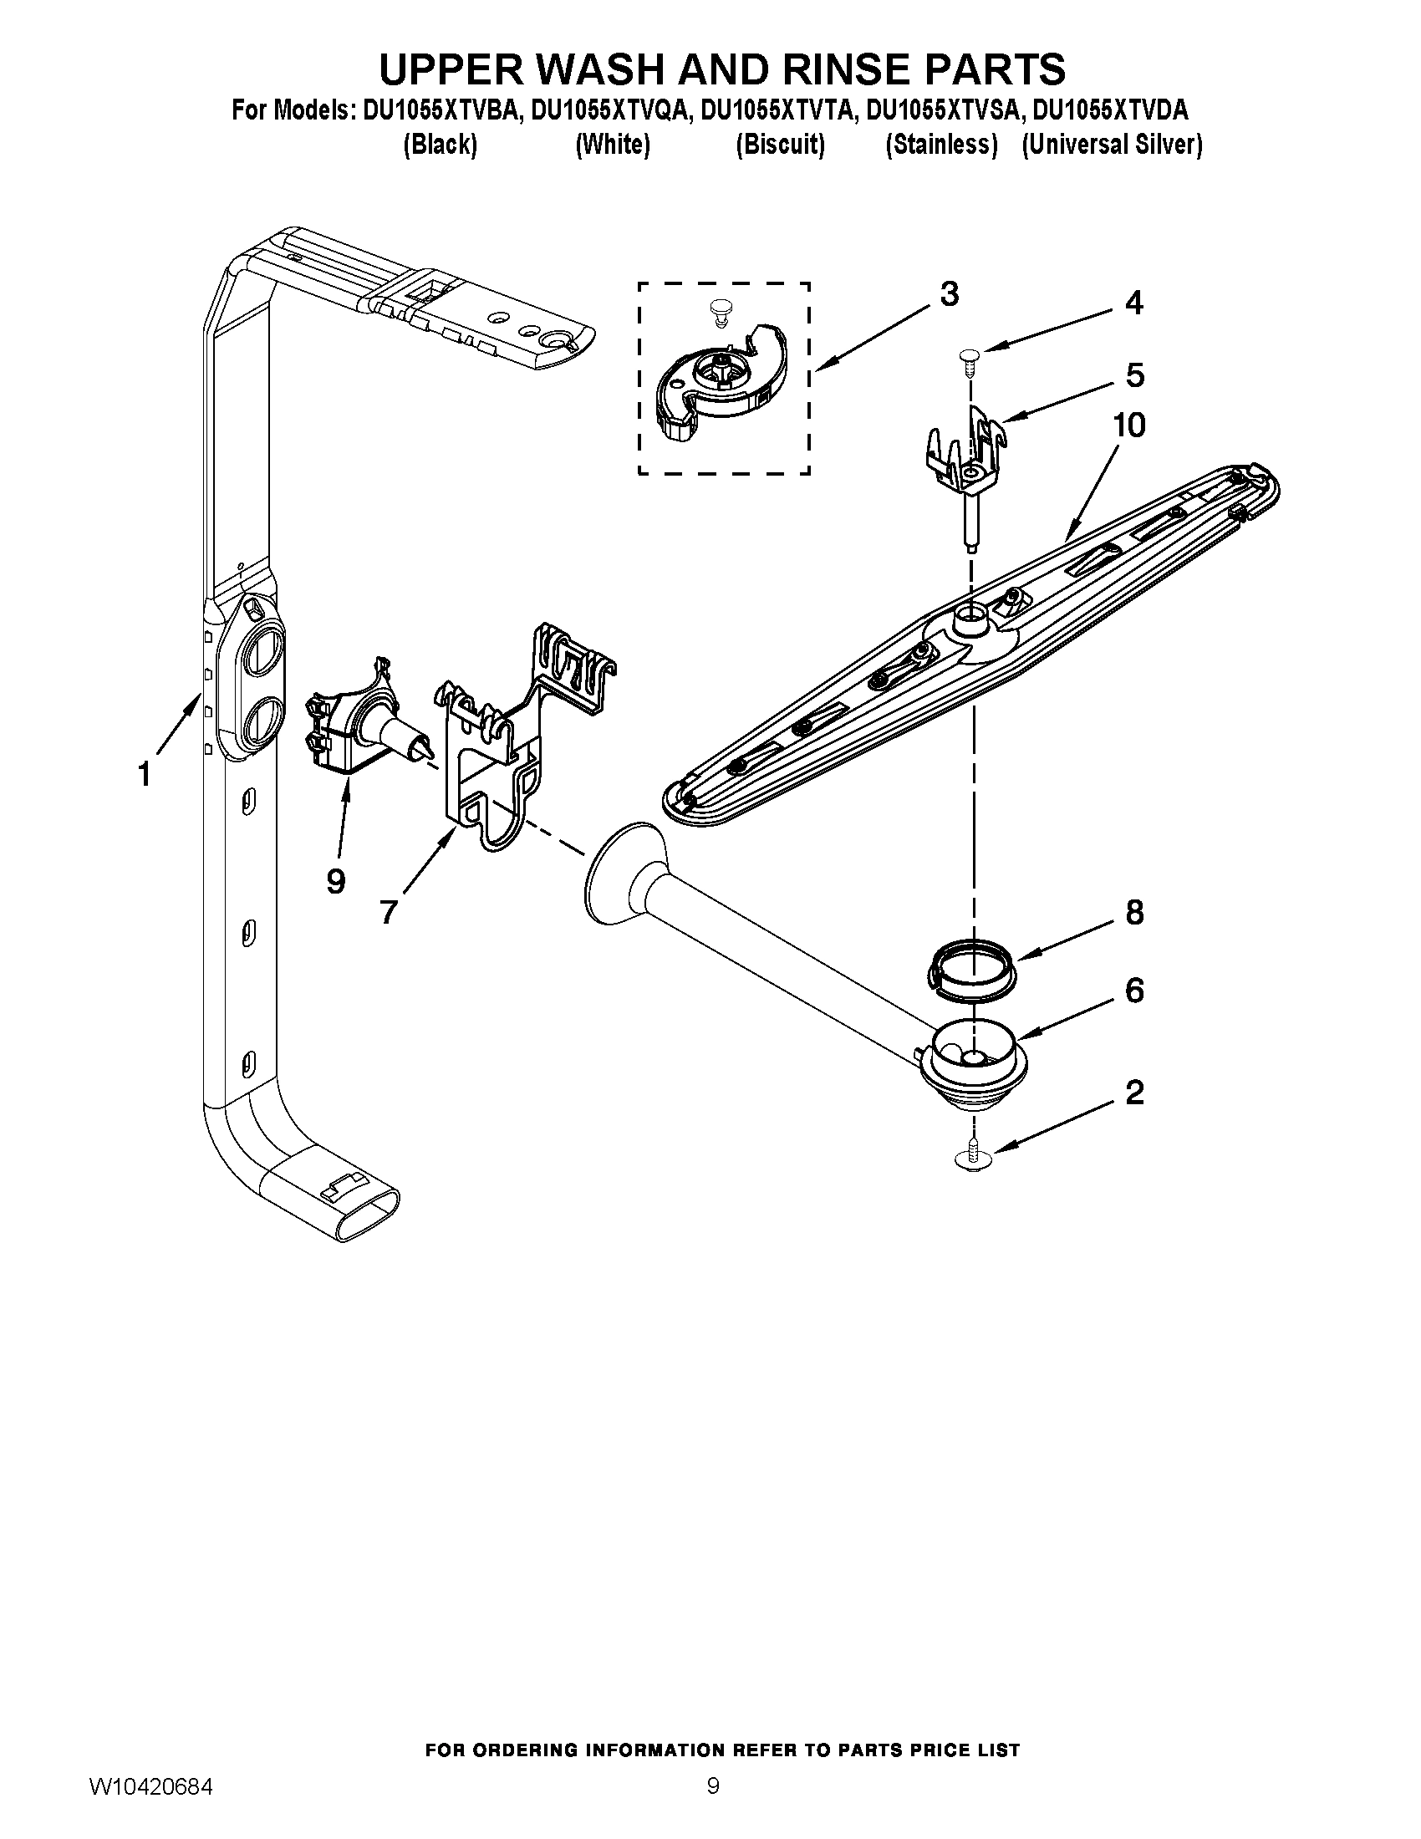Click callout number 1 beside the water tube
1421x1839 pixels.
(145, 773)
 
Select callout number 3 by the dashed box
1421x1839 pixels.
(949, 294)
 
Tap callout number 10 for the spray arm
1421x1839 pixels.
(1129, 425)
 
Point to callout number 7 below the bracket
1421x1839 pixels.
(388, 911)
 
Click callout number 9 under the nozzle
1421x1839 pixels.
(335, 881)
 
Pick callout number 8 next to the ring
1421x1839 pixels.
(1135, 912)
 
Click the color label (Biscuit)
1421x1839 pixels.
(780, 145)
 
